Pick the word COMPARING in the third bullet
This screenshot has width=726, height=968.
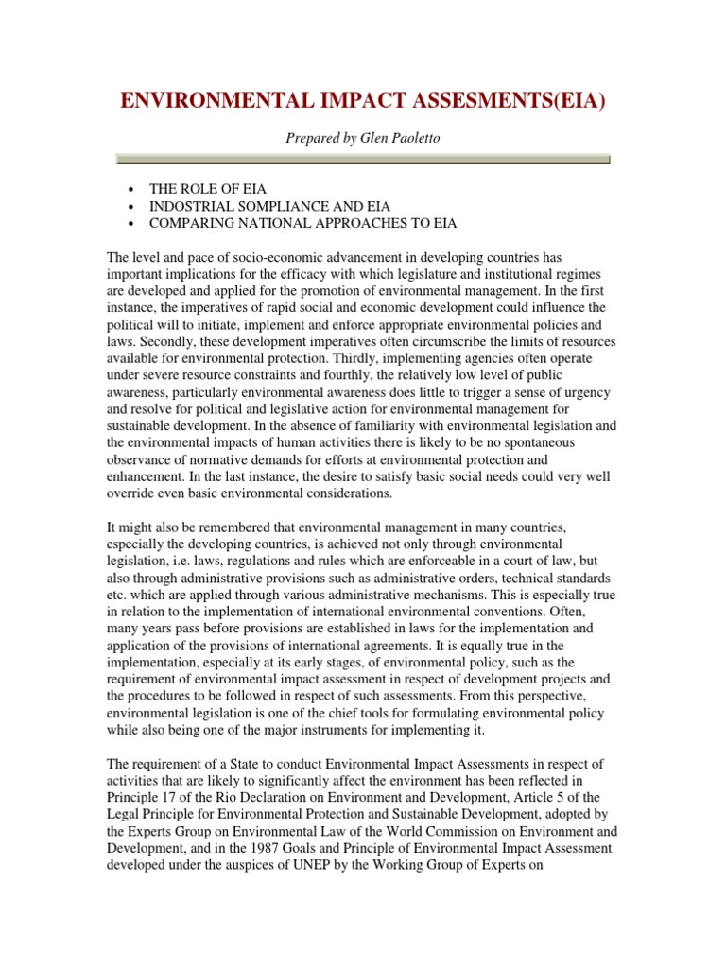point(192,223)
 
